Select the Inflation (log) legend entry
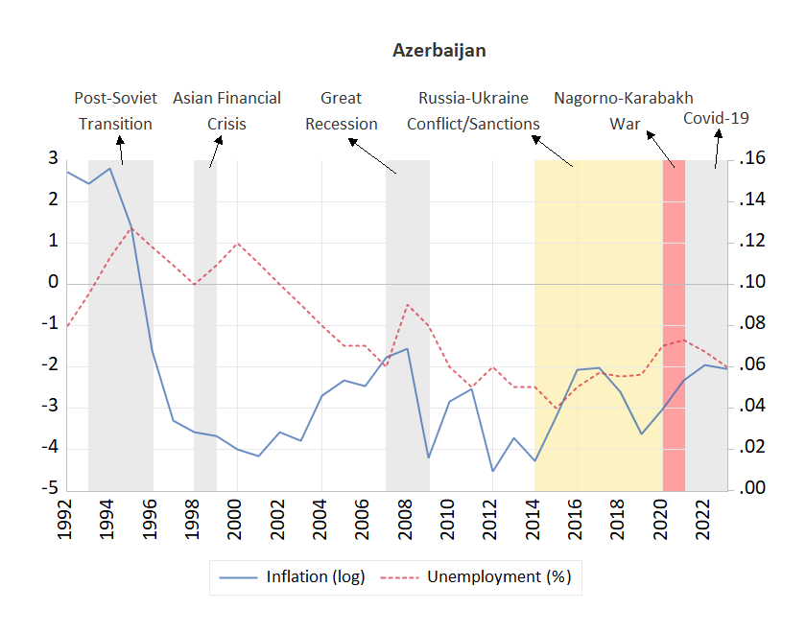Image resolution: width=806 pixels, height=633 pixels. (292, 576)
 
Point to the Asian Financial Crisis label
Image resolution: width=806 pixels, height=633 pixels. (226, 111)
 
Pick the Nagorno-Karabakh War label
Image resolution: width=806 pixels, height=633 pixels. (624, 111)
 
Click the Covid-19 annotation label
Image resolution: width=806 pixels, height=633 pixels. (716, 119)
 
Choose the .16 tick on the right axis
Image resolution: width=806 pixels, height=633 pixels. (754, 159)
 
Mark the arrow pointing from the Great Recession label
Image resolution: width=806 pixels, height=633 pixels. (372, 155)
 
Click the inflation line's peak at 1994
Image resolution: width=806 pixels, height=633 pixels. (110, 169)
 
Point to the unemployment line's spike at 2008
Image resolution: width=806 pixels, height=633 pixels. (408, 305)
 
